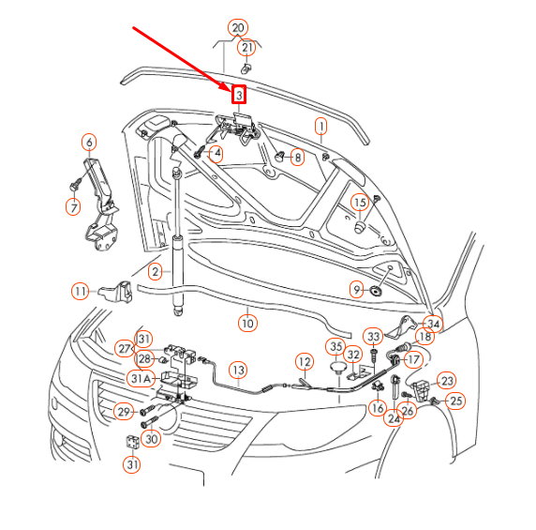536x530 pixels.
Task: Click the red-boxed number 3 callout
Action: (x=239, y=95)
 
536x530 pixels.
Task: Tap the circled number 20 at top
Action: (x=238, y=28)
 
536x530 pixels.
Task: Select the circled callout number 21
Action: (x=246, y=48)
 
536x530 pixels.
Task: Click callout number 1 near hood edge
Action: (x=320, y=127)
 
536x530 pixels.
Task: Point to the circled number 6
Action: (x=89, y=142)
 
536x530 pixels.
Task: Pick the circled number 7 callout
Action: (x=73, y=206)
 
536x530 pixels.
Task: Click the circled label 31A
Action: (x=141, y=378)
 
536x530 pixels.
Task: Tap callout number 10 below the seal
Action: (x=247, y=323)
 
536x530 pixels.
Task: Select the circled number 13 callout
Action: (x=238, y=370)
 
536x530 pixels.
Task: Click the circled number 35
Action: (x=336, y=346)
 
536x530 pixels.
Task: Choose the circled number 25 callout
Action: (x=455, y=401)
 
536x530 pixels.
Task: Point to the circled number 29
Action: (x=124, y=412)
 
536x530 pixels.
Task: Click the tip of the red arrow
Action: (x=231, y=91)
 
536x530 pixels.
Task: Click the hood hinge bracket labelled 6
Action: (x=100, y=204)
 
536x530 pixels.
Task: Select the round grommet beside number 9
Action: (x=376, y=291)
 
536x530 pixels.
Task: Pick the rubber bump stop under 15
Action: (x=359, y=228)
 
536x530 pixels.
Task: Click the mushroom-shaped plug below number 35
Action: (x=337, y=369)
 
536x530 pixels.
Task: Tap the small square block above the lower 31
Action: (x=133, y=442)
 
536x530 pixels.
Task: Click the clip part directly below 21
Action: (x=246, y=68)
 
